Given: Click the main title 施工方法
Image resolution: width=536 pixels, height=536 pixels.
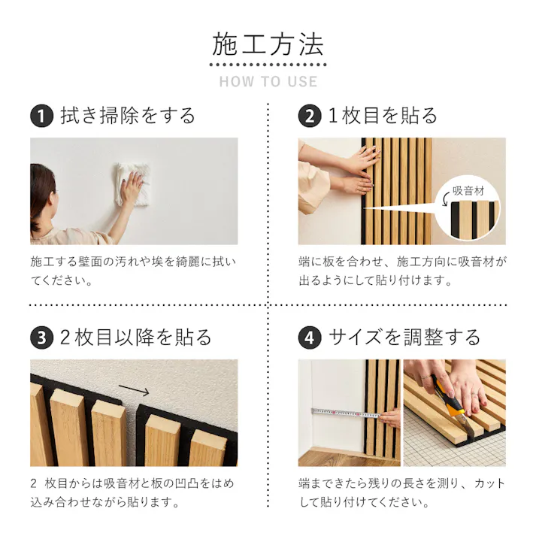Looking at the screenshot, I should point(268,45).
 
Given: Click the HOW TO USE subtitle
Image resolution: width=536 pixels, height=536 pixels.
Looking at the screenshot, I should point(268,81).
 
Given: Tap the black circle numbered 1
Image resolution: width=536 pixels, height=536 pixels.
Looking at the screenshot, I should point(41,117).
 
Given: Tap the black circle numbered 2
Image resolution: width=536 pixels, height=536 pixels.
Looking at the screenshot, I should point(309,117).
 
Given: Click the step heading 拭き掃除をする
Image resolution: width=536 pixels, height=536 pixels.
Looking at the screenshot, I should point(128,116).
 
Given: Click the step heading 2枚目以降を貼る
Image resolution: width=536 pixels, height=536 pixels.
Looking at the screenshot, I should point(135,337).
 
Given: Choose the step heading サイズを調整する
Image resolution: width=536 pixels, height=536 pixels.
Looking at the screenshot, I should point(404,337).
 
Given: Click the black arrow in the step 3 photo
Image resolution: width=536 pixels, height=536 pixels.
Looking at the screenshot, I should point(135,391).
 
